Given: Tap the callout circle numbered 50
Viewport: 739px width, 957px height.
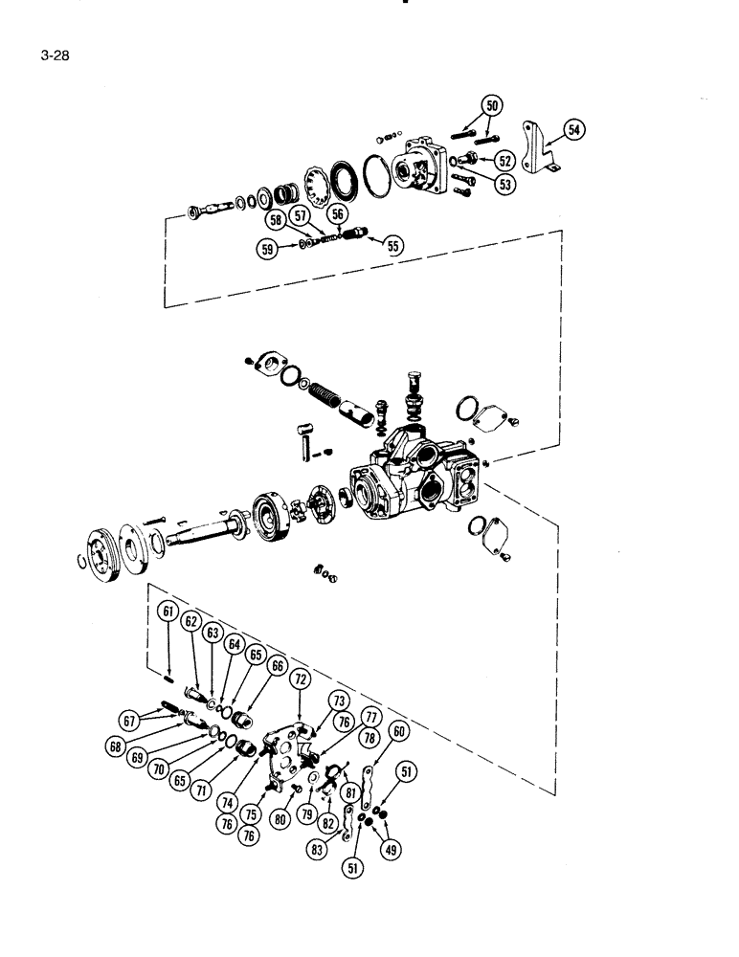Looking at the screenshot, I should pyautogui.click(x=493, y=106).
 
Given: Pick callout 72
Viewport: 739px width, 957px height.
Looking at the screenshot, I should pyautogui.click(x=300, y=679).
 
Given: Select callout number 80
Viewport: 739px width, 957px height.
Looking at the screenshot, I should pyautogui.click(x=280, y=818).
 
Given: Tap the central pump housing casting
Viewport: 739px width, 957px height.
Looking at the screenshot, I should pyautogui.click(x=421, y=469).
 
